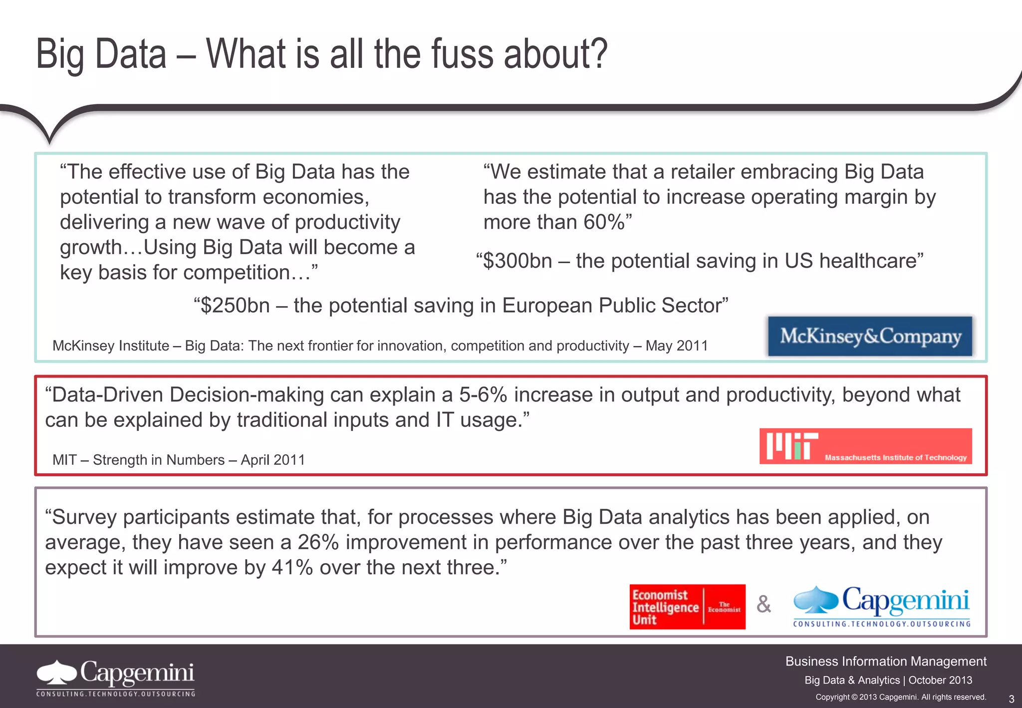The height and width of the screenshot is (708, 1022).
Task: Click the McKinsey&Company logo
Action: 870,336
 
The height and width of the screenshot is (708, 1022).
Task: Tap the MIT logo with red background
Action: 865,446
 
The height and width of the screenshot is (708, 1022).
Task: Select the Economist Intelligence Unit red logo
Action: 687,607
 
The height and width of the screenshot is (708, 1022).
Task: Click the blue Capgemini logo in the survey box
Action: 882,606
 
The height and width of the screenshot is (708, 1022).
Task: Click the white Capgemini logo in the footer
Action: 115,678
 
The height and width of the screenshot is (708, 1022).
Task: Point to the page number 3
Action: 1012,699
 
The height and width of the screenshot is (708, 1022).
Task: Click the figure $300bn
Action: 517,261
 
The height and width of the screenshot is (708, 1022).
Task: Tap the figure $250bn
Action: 235,306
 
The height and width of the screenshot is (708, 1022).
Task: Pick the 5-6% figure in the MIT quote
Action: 483,395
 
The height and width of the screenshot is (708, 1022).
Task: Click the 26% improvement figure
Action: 318,542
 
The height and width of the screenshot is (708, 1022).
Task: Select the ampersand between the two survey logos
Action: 764,605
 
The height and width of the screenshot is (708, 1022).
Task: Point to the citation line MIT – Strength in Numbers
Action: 178,460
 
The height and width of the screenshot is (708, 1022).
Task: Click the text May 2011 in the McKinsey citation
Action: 677,346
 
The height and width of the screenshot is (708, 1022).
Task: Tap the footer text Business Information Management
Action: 886,662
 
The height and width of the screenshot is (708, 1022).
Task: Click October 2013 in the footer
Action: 940,680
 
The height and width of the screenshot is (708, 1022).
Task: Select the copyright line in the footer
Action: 901,697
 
